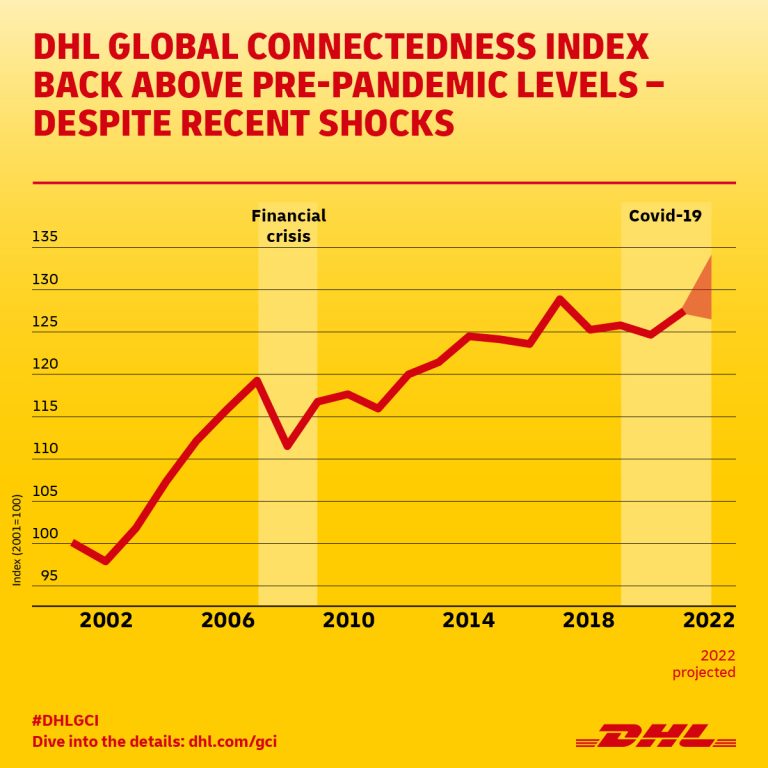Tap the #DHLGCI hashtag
[66, 720]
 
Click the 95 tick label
[50, 576]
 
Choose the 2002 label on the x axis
[106, 620]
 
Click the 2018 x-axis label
[589, 620]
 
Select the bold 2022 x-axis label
[709, 620]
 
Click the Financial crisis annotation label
[287, 226]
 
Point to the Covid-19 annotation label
[665, 215]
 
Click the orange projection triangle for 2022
[701, 294]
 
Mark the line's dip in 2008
[288, 445]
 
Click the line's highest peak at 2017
[560, 299]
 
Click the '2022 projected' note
[703, 663]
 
